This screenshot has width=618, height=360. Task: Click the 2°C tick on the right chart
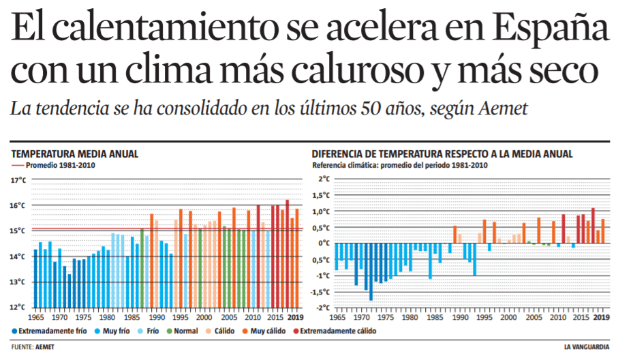tap(323, 179)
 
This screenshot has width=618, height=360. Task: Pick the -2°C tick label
tap(322, 307)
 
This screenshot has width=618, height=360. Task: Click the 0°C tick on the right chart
tap(323, 243)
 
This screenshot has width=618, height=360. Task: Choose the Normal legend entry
tap(185, 331)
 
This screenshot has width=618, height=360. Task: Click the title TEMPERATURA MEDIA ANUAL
tap(76, 154)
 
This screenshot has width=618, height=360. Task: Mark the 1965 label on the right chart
tap(337, 317)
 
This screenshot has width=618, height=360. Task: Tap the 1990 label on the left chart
tap(155, 317)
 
